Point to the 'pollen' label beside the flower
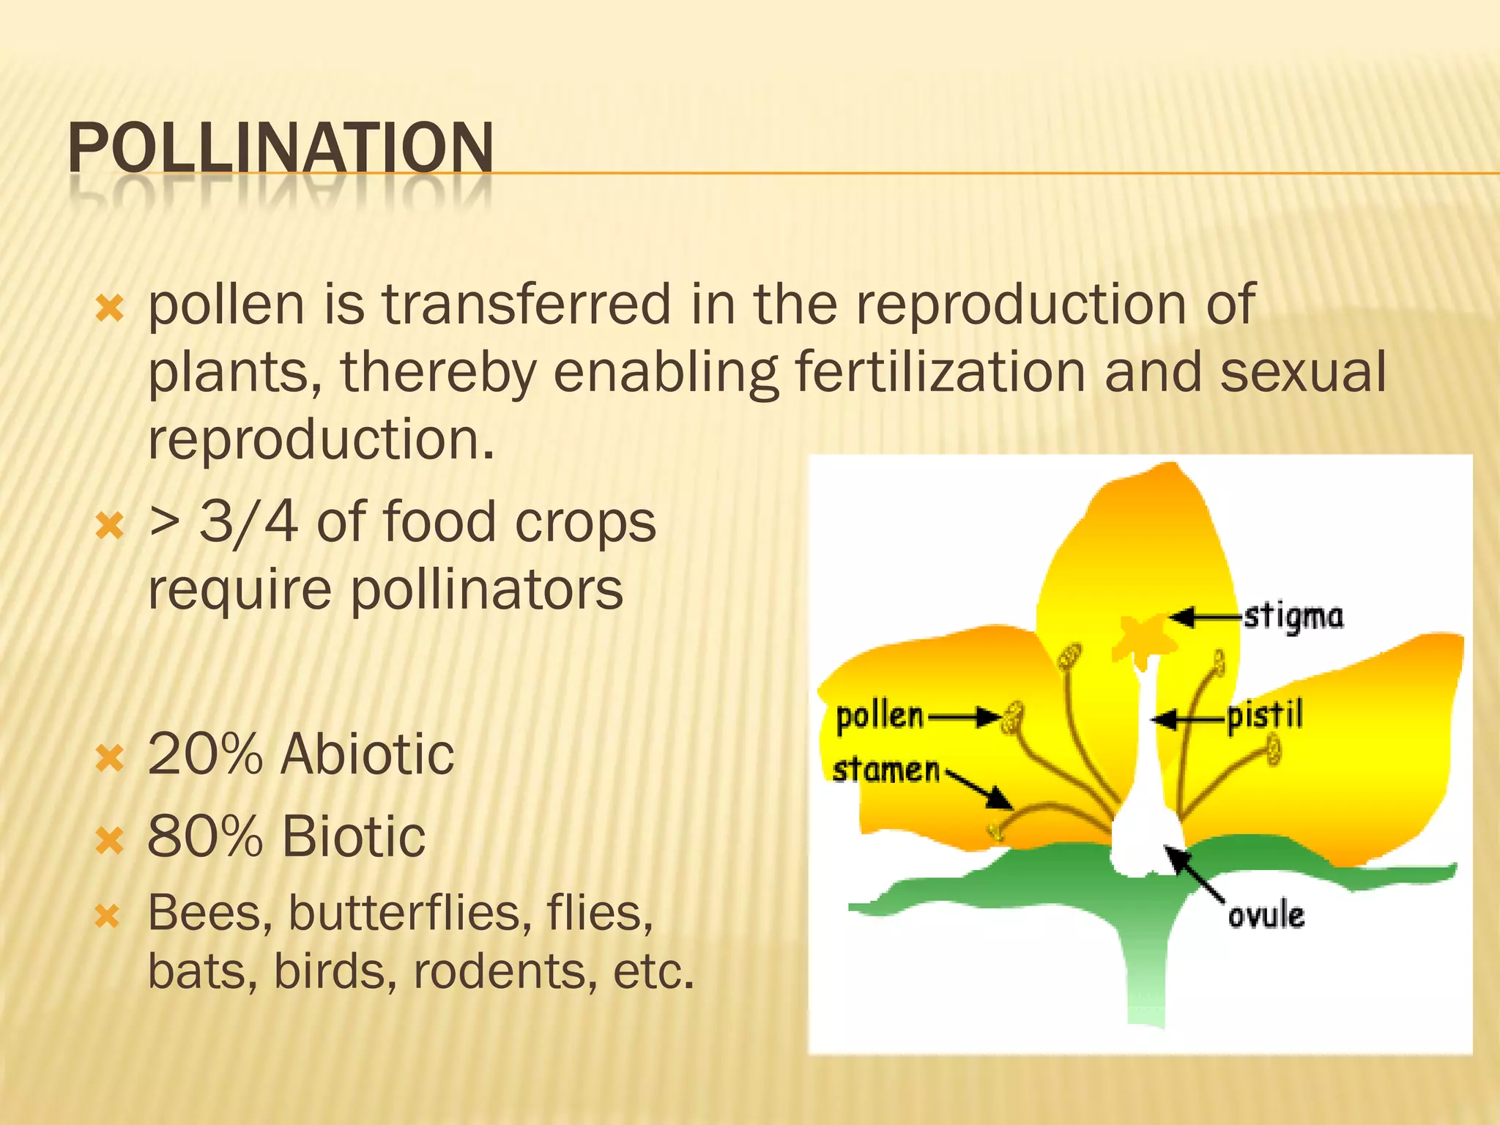[880, 716]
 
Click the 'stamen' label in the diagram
[886, 771]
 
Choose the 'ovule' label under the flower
[1266, 916]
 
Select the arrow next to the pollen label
[965, 718]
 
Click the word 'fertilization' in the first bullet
[940, 371]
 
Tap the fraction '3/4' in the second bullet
[248, 521]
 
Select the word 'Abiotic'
[367, 754]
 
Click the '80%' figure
[205, 836]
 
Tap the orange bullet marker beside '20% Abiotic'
[110, 758]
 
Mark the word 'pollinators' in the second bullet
[487, 590]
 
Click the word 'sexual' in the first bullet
[1303, 371]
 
